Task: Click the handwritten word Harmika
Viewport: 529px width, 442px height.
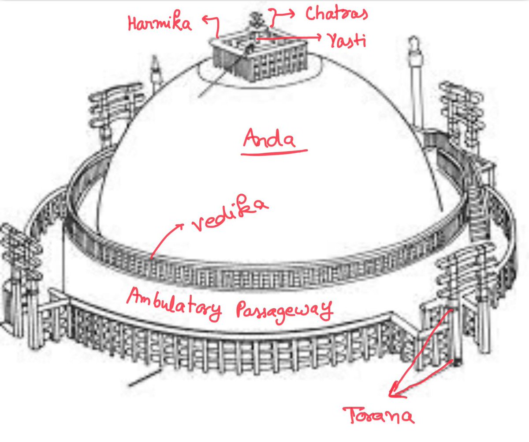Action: pos(160,23)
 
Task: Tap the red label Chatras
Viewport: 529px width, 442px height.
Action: pos(336,14)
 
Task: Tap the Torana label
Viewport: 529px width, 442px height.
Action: pos(380,416)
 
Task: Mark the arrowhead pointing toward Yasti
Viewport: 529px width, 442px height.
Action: pos(318,39)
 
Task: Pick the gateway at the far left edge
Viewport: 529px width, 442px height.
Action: pos(18,274)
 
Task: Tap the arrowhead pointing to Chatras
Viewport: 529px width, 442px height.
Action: pos(293,13)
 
